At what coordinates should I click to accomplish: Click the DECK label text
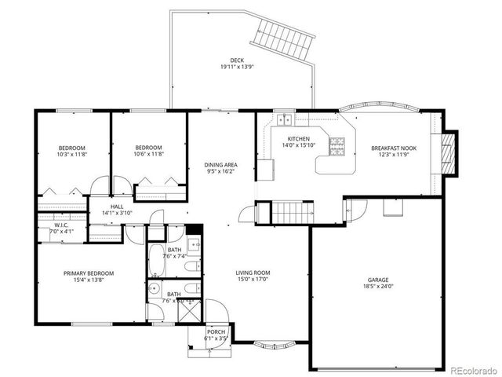[236, 60]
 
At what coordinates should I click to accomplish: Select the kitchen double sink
[284, 120]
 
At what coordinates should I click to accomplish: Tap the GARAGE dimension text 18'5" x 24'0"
[378, 287]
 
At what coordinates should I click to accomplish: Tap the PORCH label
[216, 331]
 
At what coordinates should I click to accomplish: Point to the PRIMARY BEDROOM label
[89, 273]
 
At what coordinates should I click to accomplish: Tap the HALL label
[117, 207]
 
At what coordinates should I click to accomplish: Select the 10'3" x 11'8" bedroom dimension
[72, 156]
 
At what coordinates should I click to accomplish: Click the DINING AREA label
[220, 165]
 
